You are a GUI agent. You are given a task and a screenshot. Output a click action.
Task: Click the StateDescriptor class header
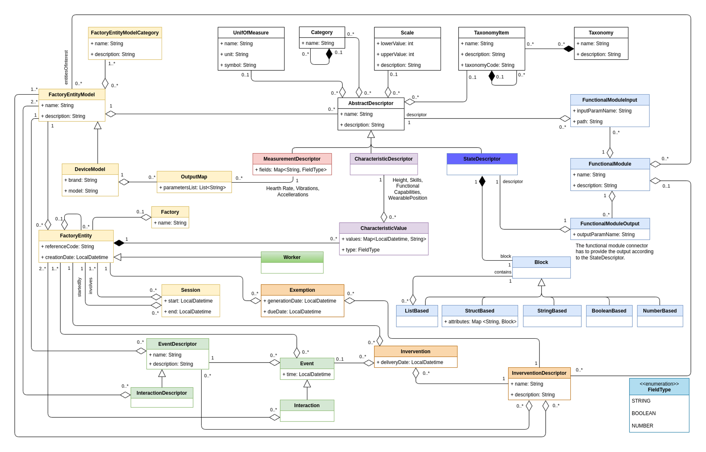[x=482, y=159]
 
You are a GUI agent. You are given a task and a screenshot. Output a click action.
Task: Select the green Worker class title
[x=292, y=257]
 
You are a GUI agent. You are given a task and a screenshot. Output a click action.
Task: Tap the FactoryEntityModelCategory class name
[x=125, y=33]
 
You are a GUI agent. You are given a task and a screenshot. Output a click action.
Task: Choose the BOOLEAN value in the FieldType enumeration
[x=643, y=413]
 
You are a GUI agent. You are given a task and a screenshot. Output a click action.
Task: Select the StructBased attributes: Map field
[x=480, y=322]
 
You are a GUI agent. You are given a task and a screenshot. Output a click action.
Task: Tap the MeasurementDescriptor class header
[x=292, y=159]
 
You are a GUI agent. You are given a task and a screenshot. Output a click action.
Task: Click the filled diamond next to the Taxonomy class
[x=569, y=49]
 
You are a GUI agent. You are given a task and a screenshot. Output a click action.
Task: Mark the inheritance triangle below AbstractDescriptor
[x=371, y=134]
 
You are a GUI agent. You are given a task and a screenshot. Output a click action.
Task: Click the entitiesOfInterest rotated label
[x=66, y=67]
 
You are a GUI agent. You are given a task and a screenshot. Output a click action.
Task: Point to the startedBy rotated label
[x=79, y=287]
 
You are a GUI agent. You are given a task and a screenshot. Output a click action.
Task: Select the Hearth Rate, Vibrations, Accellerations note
[x=293, y=191]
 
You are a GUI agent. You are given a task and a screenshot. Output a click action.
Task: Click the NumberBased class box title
[x=660, y=311]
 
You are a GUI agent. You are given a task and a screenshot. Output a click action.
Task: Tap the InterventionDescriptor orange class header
[x=539, y=373]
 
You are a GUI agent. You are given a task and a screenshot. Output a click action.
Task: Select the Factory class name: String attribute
[x=170, y=223]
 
